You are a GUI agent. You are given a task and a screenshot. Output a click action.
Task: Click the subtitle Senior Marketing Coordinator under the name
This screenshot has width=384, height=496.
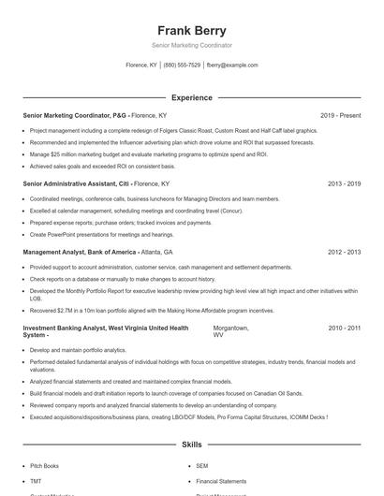point(191,45)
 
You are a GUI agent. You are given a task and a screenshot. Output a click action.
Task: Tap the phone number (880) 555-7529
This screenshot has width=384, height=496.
point(182,66)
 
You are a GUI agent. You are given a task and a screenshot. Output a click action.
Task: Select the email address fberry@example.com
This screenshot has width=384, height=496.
point(232,66)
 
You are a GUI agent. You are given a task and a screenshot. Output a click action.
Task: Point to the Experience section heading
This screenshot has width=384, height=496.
point(191,97)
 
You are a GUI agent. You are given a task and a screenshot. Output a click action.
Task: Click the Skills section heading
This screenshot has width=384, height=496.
point(191,445)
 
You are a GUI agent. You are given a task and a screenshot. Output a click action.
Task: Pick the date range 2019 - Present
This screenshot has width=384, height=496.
point(340,115)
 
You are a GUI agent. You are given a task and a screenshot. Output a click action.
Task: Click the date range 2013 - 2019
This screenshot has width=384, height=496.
point(344,184)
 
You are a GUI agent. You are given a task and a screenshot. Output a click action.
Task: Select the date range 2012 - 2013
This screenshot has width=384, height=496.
point(344,253)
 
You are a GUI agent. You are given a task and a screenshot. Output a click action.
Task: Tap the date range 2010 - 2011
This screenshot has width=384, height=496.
point(344,328)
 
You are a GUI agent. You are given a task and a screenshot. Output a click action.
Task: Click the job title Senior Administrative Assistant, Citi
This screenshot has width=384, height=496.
point(75,184)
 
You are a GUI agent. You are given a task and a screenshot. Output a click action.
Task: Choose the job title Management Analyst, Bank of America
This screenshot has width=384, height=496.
point(80,253)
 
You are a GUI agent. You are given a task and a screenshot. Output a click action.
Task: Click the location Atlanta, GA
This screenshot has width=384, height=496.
point(157,253)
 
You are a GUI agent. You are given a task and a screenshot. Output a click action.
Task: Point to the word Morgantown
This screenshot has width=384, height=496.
point(230,328)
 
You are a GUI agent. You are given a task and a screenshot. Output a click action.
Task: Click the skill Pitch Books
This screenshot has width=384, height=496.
point(44,465)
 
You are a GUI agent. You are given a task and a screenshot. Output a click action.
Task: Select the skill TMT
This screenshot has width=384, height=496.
point(36,480)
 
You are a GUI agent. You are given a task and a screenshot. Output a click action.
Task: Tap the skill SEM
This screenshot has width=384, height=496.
point(202,465)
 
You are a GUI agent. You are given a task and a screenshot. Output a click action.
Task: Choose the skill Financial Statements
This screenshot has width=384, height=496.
point(221,480)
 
